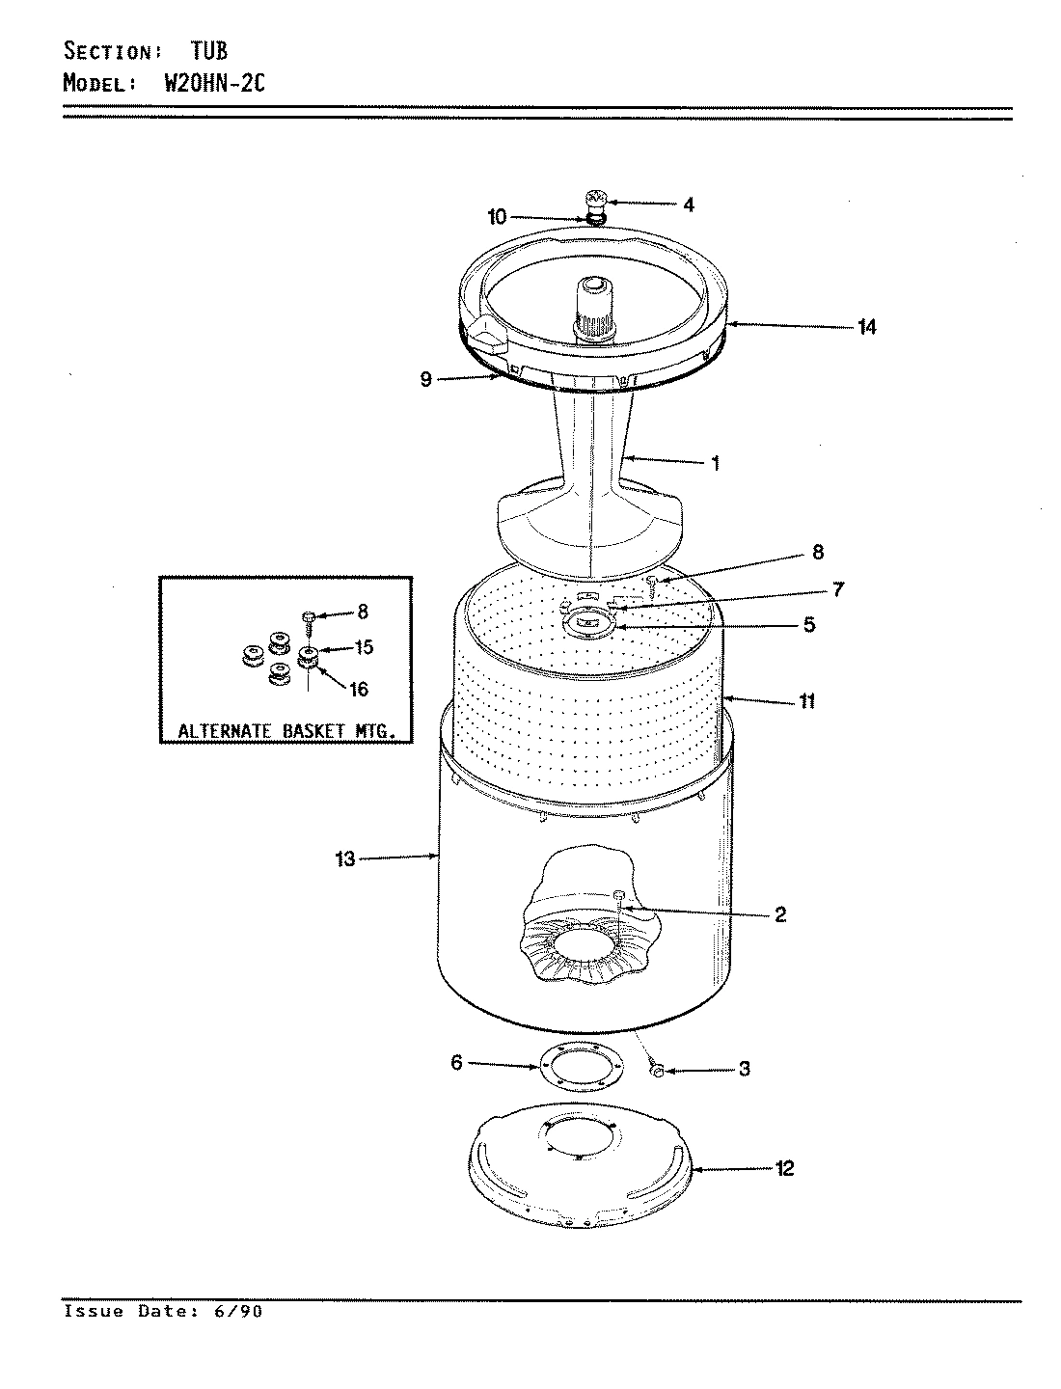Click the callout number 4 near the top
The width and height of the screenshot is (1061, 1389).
[689, 204]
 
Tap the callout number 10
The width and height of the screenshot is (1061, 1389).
[497, 217]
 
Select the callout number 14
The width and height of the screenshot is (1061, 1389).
[866, 327]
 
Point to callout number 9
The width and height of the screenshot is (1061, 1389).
[425, 379]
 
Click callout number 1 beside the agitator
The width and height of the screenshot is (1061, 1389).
[715, 463]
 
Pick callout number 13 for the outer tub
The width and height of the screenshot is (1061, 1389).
[345, 858]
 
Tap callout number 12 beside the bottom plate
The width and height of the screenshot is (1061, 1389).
[784, 1168]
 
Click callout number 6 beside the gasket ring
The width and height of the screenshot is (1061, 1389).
[457, 1063]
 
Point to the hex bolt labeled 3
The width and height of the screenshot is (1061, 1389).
[656, 1071]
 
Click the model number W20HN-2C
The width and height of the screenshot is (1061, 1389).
[203, 83]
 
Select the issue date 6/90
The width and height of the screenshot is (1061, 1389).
[243, 1312]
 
